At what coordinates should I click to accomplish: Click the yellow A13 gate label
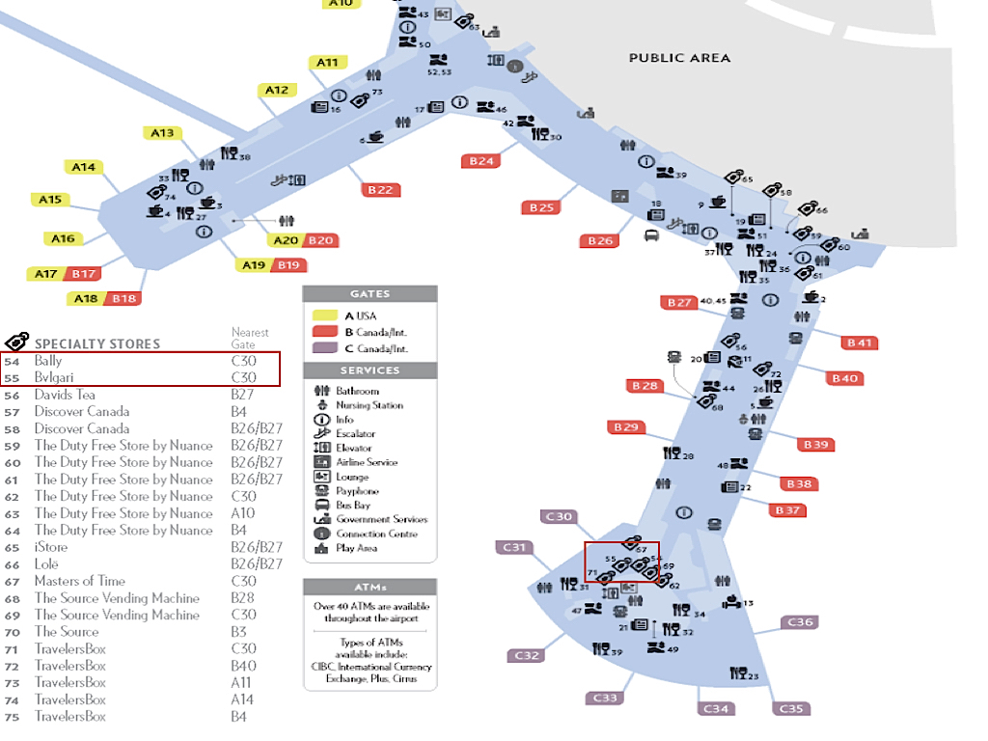click(x=161, y=133)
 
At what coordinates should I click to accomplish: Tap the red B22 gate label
click(x=380, y=190)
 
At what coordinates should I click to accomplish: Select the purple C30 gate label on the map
click(x=559, y=517)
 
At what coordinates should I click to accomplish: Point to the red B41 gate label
click(x=859, y=343)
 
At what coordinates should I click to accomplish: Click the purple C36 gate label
click(x=800, y=622)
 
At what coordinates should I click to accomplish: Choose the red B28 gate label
click(x=645, y=386)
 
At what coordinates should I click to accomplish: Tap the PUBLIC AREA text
click(x=679, y=58)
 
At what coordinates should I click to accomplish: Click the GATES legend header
click(x=370, y=294)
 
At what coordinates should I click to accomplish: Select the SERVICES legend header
click(x=370, y=370)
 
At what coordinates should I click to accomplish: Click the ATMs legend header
click(x=370, y=587)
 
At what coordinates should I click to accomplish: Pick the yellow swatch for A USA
click(x=323, y=316)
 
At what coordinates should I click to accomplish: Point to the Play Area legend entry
click(x=356, y=548)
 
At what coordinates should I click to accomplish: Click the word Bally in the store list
click(x=48, y=361)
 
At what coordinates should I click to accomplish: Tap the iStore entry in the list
click(x=51, y=547)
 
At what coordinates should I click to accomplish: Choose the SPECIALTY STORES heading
click(x=97, y=343)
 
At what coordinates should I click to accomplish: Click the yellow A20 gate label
click(x=286, y=240)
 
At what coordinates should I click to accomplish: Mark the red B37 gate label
click(x=788, y=509)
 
